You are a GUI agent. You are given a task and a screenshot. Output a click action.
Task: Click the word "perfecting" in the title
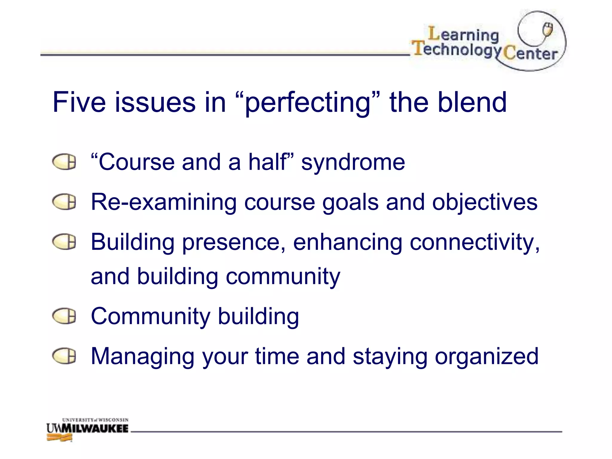pos(308,103)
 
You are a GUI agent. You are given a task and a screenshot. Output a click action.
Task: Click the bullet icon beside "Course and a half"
pos(64,162)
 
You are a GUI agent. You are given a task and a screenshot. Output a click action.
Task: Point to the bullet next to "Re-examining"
pos(64,202)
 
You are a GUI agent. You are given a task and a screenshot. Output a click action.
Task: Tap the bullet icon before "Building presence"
pos(64,242)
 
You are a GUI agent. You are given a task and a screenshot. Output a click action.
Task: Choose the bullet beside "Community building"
pos(64,316)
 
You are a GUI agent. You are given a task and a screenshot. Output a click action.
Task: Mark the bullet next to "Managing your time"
pos(64,356)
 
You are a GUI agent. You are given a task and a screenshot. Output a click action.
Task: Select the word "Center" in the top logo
pos(530,54)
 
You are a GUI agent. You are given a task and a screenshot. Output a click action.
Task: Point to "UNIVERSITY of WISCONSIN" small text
pos(95,420)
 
